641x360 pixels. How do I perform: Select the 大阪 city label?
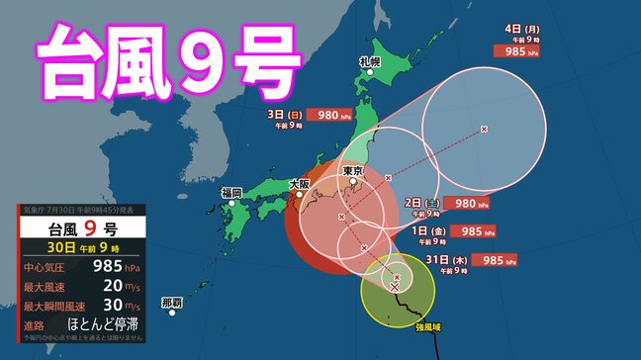coord(299,184)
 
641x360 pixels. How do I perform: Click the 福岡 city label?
coord(231,192)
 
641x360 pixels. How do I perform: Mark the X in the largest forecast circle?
coord(484,130)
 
